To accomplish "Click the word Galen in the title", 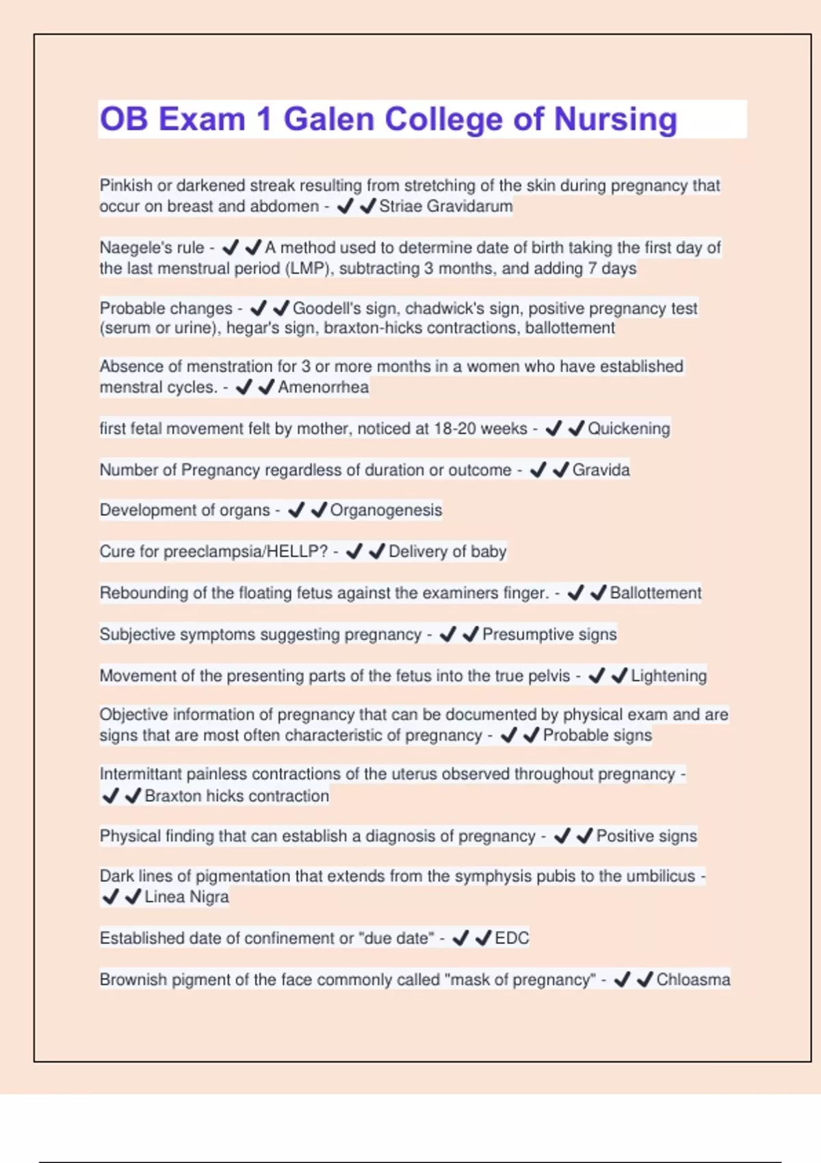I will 328,119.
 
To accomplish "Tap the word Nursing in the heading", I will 615,119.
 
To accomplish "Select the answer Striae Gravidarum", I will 445,206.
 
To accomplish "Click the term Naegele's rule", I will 152,248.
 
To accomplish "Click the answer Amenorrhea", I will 323,387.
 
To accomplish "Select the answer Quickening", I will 629,428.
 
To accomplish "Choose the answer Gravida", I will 601,470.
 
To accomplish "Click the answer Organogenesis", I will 386,510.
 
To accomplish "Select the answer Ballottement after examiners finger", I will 655,593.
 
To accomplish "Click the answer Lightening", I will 668,676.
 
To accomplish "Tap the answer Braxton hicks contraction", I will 237,796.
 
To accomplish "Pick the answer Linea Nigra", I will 186,897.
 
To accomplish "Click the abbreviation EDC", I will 512,938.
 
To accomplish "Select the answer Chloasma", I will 693,980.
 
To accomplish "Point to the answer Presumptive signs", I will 549,634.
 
